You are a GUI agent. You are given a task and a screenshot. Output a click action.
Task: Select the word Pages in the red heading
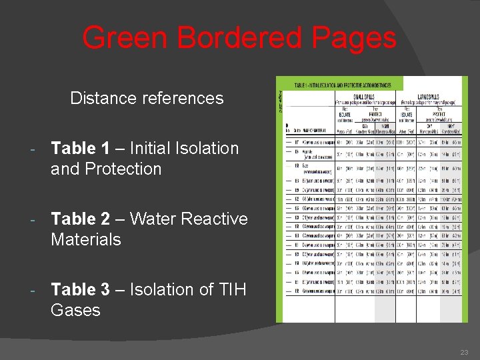357,38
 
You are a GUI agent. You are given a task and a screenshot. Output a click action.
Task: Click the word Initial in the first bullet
150,148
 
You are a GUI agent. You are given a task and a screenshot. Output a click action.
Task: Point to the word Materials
86,239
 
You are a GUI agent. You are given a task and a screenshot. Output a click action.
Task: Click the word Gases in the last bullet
75,310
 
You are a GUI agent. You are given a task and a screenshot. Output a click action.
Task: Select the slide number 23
464,352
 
